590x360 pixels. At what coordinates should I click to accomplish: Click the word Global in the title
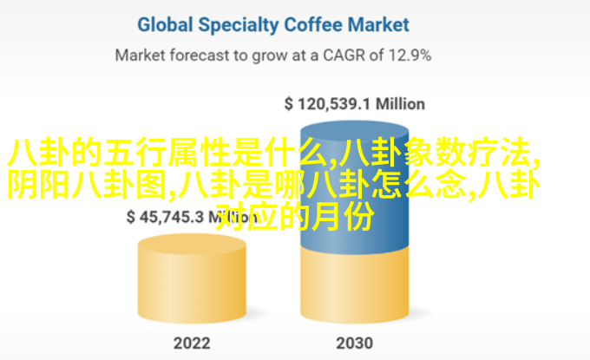165,25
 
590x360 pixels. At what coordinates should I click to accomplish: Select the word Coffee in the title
313,25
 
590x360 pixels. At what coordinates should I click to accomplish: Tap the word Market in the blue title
378,25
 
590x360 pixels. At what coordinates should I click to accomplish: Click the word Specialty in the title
239,25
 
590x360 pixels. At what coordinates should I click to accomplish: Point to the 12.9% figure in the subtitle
410,56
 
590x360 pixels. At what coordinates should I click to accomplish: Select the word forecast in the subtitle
199,56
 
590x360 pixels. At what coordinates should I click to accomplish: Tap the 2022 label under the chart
192,343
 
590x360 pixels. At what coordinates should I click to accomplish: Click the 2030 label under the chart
355,343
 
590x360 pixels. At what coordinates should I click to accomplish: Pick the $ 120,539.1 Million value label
355,104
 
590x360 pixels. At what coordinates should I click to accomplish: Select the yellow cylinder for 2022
192,278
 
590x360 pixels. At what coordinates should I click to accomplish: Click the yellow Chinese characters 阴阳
39,184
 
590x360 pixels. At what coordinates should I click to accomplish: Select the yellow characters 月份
343,216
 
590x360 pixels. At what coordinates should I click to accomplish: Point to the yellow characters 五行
135,153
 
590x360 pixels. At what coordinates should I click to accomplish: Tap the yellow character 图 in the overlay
151,184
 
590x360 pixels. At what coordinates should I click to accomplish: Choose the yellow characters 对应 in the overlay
246,216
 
